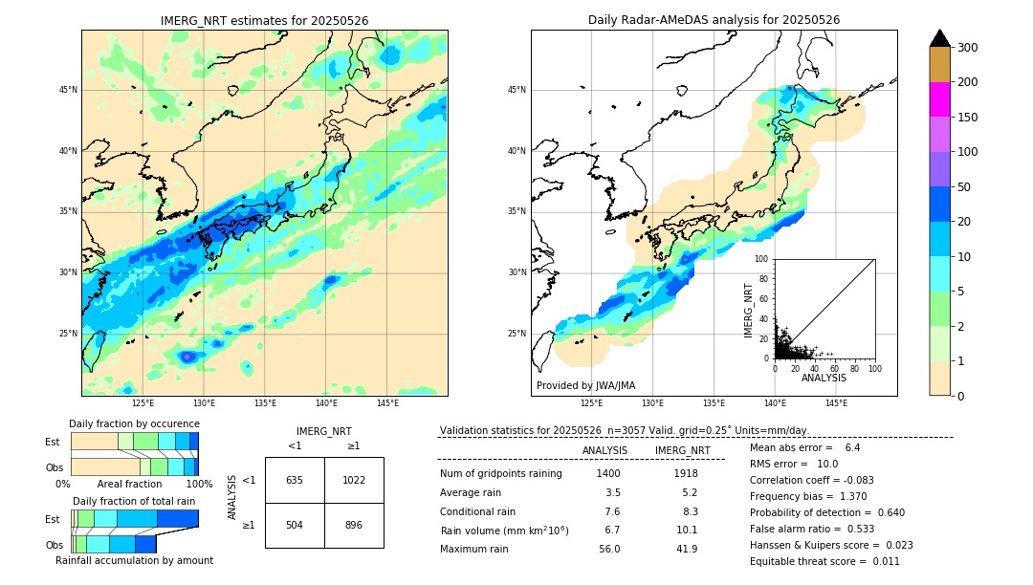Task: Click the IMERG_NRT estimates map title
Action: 264,20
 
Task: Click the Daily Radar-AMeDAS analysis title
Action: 714,20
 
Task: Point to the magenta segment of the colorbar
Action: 939,99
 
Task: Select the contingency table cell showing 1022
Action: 353,480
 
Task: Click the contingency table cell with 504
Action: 295,525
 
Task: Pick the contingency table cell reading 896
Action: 353,525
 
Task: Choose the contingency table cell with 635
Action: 295,480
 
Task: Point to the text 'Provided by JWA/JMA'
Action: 585,385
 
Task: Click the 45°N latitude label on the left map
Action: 68,90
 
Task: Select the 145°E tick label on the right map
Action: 836,403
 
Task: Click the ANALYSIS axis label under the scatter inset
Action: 824,378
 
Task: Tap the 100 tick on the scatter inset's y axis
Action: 762,259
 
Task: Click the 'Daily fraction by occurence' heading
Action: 134,423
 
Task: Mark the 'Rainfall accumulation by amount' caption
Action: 134,560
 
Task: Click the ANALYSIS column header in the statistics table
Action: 604,450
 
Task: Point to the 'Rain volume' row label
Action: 504,530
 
